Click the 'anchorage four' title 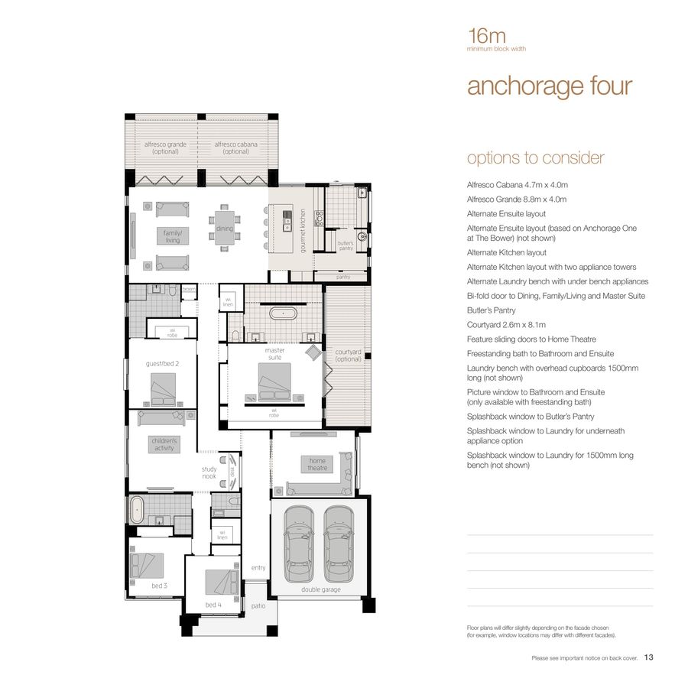pyautogui.click(x=549, y=86)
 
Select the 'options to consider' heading pyautogui.click(x=535, y=158)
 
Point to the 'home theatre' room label pyautogui.click(x=316, y=464)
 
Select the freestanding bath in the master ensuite pyautogui.click(x=281, y=313)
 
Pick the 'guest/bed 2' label pyautogui.click(x=162, y=364)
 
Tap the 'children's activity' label pyautogui.click(x=164, y=444)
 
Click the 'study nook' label pyautogui.click(x=209, y=472)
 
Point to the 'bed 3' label pyautogui.click(x=159, y=586)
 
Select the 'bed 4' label pyautogui.click(x=213, y=605)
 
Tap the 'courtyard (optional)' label pyautogui.click(x=348, y=355)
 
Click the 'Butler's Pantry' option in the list pyautogui.click(x=491, y=310)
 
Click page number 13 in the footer pyautogui.click(x=648, y=656)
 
